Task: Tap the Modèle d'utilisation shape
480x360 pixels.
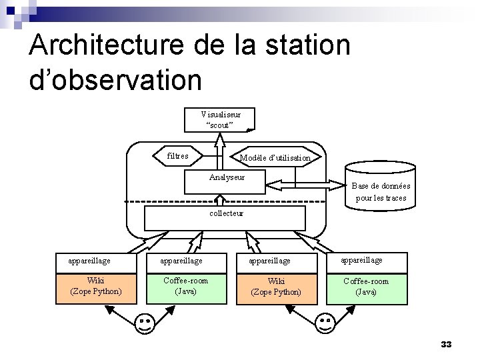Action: pos(275,157)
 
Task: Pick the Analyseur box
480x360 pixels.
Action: pos(226,182)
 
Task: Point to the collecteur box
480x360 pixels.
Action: pos(226,217)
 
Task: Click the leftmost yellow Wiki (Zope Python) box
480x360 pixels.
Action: pos(95,286)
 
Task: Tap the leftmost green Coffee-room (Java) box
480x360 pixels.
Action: pos(185,286)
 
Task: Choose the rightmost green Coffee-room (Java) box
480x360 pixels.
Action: pos(365,286)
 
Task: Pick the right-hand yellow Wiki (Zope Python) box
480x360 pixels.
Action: pos(275,287)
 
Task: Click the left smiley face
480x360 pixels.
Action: pos(145,324)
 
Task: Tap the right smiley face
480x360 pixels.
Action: pos(325,324)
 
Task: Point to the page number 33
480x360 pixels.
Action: pos(446,345)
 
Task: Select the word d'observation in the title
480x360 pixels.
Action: pos(115,79)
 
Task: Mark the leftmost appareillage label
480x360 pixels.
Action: pos(89,261)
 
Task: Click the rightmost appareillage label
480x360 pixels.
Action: pos(362,260)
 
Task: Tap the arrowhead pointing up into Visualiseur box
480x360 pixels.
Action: pos(219,138)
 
